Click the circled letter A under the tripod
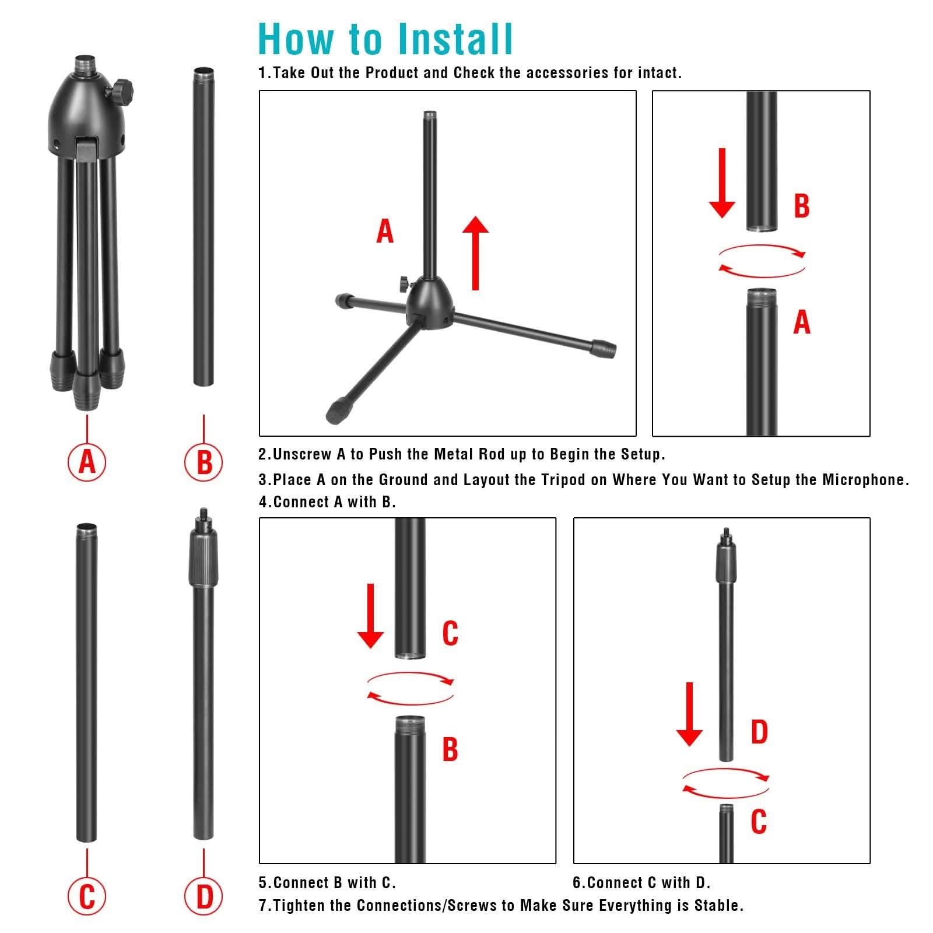pos(87,462)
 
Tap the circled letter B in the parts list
pos(204,462)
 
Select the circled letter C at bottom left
pos(87,896)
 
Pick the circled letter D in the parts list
pos(204,896)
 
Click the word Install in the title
pos(455,40)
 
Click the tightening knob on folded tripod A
pos(124,90)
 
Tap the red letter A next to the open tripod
pos(385,232)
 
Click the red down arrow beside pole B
pos(722,183)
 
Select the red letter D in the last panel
pos(759,732)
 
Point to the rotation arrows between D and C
pos(726,783)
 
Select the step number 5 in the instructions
pos(262,883)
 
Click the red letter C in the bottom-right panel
pos(759,822)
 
